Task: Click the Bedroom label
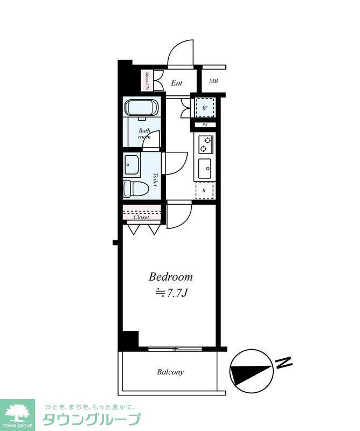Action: (170, 277)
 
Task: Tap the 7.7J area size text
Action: (171, 293)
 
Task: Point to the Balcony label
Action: (170, 372)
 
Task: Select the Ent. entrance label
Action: (177, 83)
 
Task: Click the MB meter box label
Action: (213, 81)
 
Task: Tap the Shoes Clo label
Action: (147, 81)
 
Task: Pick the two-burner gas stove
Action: (205, 144)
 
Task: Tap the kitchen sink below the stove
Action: (204, 168)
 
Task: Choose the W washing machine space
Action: (204, 108)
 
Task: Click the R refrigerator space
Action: (204, 190)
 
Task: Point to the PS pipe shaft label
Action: (205, 125)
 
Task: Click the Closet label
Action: (141, 217)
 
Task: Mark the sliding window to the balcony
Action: (175, 349)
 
